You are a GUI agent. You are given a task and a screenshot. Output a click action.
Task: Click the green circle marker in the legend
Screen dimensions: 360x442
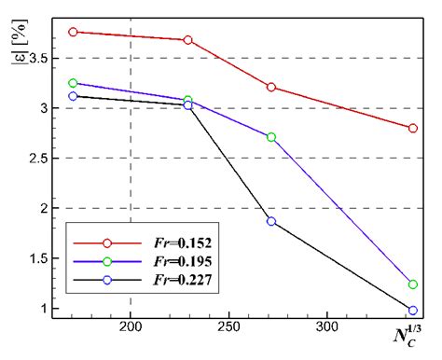click(x=107, y=260)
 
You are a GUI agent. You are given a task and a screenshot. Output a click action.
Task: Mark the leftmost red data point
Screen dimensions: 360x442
click(x=73, y=32)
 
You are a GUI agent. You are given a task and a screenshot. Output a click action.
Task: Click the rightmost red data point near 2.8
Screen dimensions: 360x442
click(x=413, y=128)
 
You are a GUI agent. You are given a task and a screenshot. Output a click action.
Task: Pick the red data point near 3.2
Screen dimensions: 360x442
click(x=271, y=87)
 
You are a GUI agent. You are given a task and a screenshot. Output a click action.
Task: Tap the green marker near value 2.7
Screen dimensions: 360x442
click(x=271, y=137)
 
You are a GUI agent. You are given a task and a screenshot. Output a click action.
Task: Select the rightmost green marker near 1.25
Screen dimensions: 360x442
click(x=413, y=284)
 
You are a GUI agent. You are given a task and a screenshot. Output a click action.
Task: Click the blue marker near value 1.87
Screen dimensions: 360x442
click(x=271, y=221)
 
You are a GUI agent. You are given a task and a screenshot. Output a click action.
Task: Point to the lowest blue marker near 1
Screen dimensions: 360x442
click(x=413, y=311)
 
